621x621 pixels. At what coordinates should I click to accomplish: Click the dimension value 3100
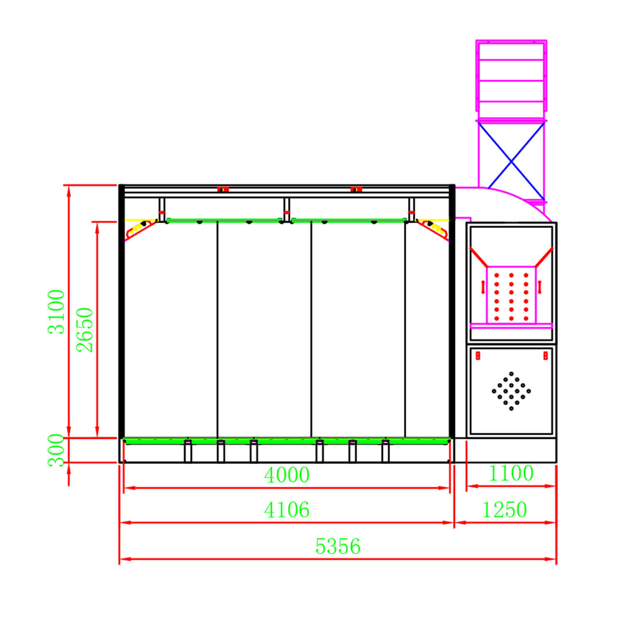(56, 312)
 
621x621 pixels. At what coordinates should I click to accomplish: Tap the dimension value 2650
(84, 330)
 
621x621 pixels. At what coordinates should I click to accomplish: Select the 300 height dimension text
(56, 450)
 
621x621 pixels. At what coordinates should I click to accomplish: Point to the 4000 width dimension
(287, 475)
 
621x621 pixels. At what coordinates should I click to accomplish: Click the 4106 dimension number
(287, 510)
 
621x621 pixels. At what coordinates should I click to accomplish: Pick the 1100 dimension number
(511, 473)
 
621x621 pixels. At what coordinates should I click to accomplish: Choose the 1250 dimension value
(504, 510)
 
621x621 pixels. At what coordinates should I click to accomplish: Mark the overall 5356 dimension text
(338, 546)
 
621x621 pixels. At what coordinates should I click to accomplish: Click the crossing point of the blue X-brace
(511, 161)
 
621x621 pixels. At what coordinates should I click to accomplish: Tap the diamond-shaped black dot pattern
(511, 391)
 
